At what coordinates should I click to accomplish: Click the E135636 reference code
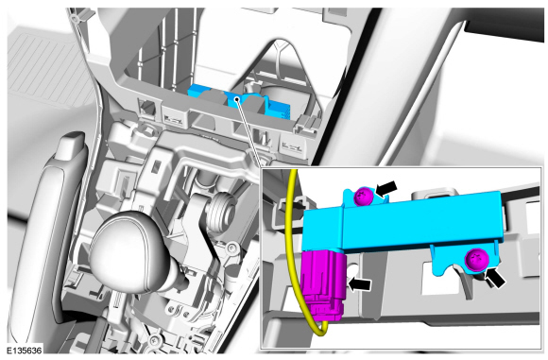click(24, 351)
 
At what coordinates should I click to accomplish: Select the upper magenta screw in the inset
click(363, 197)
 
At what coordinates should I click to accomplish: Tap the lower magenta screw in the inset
click(476, 260)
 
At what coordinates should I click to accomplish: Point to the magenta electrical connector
click(322, 285)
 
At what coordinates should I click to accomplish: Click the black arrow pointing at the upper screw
click(385, 189)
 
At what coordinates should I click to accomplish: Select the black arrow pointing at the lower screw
click(495, 277)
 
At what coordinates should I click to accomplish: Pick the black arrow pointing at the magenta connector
click(359, 284)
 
